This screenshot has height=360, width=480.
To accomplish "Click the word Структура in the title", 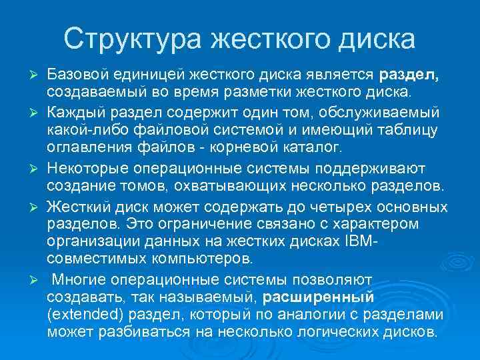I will pyautogui.click(x=131, y=39).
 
